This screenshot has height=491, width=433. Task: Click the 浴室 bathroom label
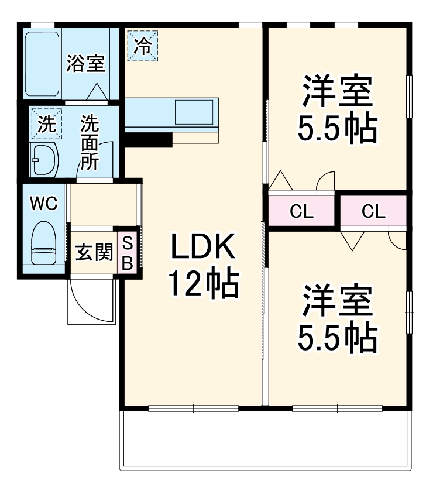pyautogui.click(x=85, y=63)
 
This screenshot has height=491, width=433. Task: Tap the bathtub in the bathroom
pyautogui.click(x=43, y=63)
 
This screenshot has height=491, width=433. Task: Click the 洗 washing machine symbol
pyautogui.click(x=45, y=123)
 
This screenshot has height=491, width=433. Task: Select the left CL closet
pyautogui.click(x=302, y=211)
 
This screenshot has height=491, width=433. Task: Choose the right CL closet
pyautogui.click(x=373, y=211)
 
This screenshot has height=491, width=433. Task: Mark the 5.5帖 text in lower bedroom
pyautogui.click(x=336, y=337)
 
